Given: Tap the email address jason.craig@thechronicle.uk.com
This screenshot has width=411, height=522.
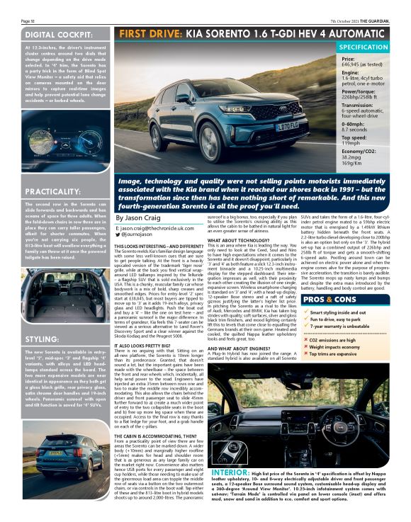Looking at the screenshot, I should [155, 229].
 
